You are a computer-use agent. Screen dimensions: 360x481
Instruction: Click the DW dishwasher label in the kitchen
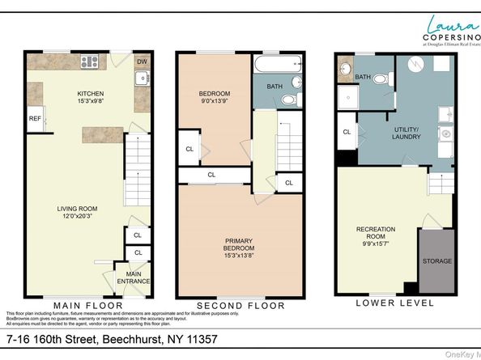pos(142,61)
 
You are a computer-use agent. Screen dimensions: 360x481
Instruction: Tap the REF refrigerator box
pos(34,119)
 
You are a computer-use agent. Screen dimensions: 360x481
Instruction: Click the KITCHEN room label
pos(90,93)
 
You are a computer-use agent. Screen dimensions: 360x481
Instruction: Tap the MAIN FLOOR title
pos(88,305)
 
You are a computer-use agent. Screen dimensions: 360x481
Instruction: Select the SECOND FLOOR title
pos(241,306)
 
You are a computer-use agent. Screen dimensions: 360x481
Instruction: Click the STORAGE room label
pos(437,262)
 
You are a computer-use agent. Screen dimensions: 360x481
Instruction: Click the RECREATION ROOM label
pos(377,233)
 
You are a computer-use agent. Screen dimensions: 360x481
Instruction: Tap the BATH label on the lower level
pos(362,77)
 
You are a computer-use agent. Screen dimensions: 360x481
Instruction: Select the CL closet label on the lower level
pos(346,132)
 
